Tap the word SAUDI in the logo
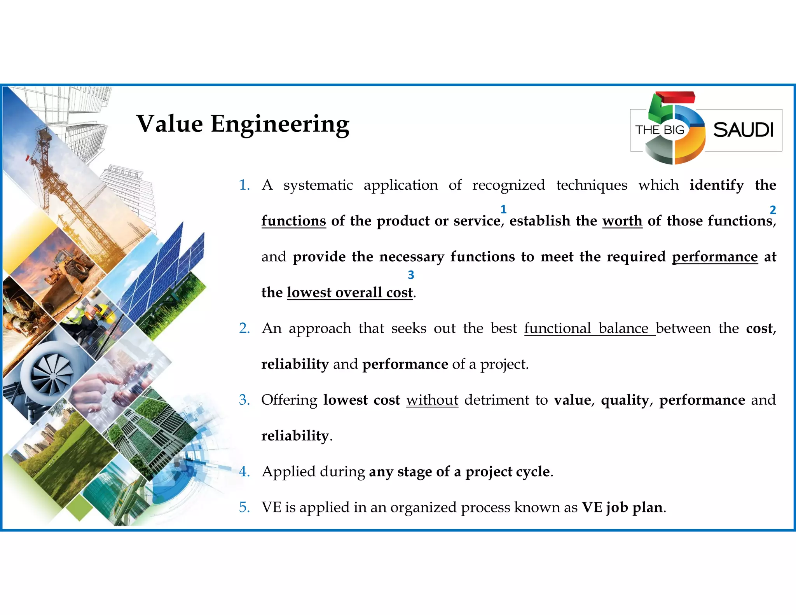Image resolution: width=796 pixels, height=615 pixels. click(743, 130)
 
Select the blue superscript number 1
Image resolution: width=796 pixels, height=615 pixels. click(503, 210)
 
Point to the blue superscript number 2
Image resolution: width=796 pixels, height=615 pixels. click(773, 210)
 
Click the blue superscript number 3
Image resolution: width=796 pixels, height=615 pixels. click(411, 275)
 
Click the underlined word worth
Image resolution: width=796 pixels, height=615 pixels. click(622, 221)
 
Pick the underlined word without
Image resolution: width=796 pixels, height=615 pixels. click(432, 400)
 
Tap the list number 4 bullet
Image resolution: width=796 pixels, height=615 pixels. click(244, 472)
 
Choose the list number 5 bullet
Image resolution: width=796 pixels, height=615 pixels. click(244, 507)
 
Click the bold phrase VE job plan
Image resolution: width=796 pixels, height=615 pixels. click(622, 507)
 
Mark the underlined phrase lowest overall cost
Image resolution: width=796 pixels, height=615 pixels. click(350, 293)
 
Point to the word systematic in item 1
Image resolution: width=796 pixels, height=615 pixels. click(318, 185)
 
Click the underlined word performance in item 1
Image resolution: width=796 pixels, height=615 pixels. click(715, 257)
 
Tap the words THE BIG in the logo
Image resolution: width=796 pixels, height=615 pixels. click(660, 130)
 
